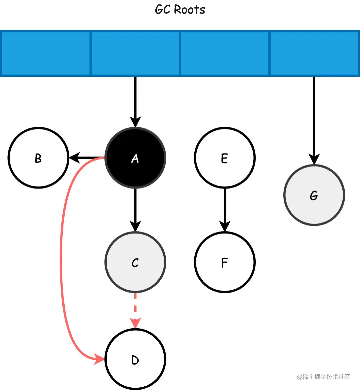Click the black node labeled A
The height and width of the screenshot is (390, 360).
135,158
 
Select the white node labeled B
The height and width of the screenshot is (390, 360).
38,158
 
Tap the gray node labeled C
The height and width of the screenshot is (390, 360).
135,262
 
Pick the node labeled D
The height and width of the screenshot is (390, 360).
135,360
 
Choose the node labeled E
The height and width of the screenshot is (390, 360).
224,158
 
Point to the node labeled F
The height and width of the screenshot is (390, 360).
224,262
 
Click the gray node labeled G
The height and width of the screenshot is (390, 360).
314,195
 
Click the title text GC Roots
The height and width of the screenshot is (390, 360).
180,9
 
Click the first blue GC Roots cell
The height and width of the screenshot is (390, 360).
46,53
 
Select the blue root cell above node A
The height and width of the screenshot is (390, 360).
135,53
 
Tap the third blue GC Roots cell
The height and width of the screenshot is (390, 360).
224,53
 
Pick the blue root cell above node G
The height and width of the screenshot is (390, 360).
314,53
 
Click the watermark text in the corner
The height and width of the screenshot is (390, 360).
323,377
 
